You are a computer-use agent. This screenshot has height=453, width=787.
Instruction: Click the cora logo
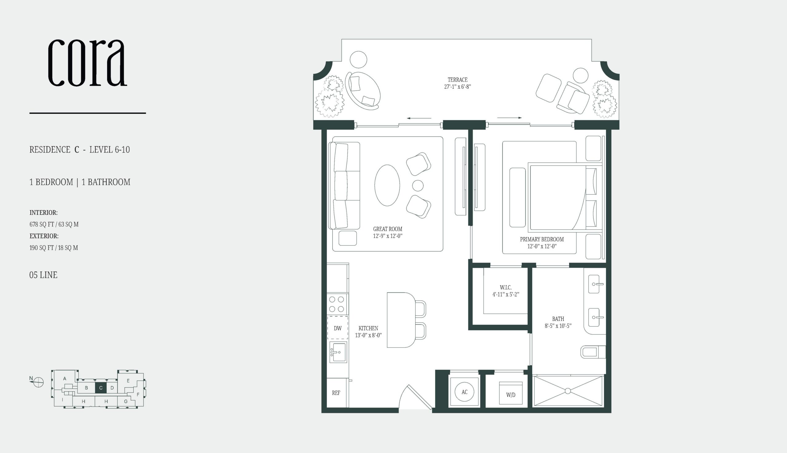coord(88,63)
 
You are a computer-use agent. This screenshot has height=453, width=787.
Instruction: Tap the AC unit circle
coord(464,392)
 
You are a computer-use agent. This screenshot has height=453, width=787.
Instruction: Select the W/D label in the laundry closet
coord(511,395)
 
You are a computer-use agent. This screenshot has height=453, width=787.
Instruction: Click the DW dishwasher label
coord(338,328)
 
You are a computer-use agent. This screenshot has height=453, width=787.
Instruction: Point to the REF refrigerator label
coord(336,393)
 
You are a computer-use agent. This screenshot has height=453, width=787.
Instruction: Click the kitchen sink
coord(338,352)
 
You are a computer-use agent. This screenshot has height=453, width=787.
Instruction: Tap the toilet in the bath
coord(593,352)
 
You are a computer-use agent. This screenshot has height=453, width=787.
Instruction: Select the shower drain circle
coord(568,391)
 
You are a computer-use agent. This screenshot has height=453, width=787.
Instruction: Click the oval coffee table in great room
coord(387,185)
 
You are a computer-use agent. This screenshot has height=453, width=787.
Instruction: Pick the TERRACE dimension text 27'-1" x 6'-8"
coord(457,87)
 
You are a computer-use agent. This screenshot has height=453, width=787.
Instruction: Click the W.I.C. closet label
coord(506,287)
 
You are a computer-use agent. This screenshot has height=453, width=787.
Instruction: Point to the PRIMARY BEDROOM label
coord(542,239)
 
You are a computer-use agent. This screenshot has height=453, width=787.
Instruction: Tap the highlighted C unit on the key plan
coord(101,388)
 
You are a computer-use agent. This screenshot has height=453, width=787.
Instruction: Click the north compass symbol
coord(38,382)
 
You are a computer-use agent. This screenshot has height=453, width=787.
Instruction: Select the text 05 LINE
coord(43,275)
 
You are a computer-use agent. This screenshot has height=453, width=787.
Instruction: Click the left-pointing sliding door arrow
coord(419,118)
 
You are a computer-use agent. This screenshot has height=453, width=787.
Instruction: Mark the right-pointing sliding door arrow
coord(509,118)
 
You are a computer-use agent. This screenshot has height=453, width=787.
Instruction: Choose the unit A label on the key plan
coord(65,379)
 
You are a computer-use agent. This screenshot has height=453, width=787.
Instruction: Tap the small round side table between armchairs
coord(418,186)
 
